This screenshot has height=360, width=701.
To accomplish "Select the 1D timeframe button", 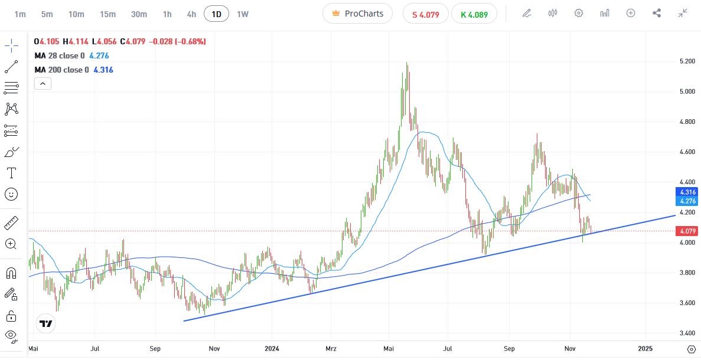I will (217, 14).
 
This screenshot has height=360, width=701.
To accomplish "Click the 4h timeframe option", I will (191, 14).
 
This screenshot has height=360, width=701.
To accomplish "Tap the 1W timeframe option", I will (243, 14).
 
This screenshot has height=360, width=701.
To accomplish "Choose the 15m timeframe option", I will (107, 14).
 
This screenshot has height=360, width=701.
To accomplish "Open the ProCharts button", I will (357, 14).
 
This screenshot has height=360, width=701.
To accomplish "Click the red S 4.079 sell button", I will (425, 14).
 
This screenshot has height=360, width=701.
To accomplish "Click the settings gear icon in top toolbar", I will (579, 13).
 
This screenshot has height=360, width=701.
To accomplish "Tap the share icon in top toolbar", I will (657, 13).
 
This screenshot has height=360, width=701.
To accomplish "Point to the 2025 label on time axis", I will (645, 348).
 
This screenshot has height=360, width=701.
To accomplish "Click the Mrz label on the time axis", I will (330, 348).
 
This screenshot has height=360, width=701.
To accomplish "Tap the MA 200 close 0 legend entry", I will (61, 70).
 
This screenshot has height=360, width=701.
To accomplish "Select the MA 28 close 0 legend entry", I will (59, 55).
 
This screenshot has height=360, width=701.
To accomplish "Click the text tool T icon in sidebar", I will (11, 173).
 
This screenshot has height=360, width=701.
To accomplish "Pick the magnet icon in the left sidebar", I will (11, 273).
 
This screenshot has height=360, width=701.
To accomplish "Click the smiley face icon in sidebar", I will (11, 194).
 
